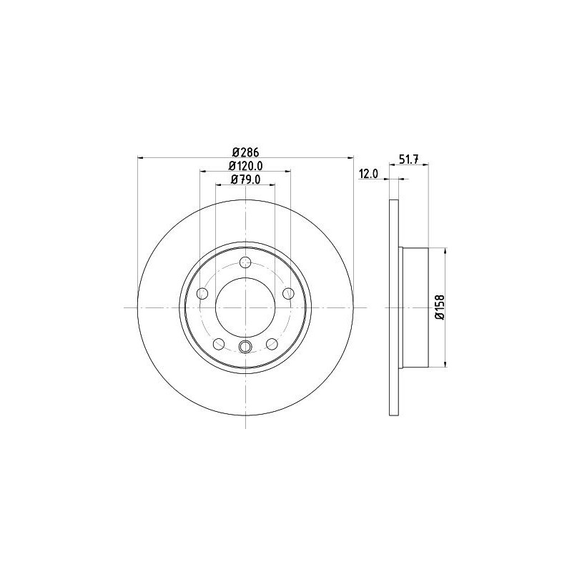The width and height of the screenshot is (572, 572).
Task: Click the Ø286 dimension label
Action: point(245,152)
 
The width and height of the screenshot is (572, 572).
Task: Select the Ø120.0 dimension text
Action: point(245,166)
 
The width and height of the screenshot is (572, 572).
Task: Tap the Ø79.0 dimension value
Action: point(245,180)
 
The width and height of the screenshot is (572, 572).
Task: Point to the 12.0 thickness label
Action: point(369,174)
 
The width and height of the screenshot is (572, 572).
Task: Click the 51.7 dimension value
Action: point(408,159)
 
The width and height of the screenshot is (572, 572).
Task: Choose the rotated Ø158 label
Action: point(440,307)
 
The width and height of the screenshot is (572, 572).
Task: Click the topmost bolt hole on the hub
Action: point(245,262)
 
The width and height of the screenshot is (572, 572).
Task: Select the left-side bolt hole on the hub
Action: point(202,293)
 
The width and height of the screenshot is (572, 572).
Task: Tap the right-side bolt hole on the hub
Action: point(289,292)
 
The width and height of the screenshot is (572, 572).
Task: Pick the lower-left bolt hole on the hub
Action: point(219,343)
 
